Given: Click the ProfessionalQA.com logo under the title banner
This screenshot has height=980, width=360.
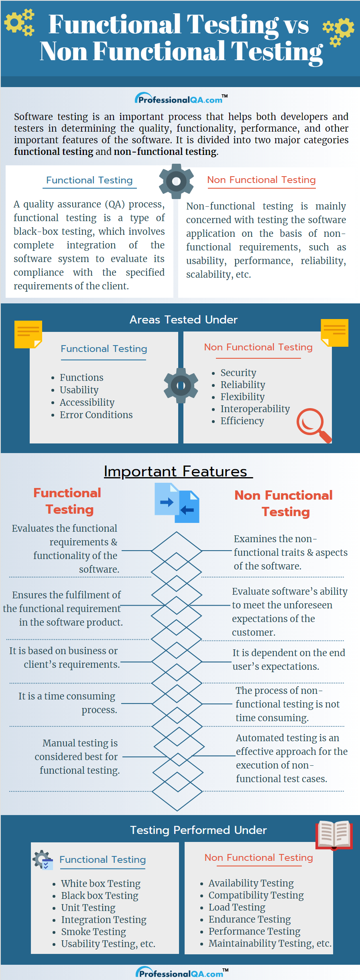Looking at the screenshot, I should (181, 99).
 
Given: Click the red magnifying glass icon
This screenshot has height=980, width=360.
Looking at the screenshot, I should (313, 425).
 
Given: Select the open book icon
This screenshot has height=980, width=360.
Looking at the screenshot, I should (334, 835).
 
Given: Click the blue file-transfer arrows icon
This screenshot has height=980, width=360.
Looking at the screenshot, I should (177, 502).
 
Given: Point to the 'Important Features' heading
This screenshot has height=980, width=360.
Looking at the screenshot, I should (176, 471).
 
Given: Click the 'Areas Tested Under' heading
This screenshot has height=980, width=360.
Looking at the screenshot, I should (183, 319).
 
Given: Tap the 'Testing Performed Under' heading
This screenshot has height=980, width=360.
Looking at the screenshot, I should (198, 830).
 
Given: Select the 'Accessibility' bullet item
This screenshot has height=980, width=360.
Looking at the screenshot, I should (87, 402).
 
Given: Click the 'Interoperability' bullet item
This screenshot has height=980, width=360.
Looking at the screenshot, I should (255, 409).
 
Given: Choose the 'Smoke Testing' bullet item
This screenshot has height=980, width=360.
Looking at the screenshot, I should (94, 931).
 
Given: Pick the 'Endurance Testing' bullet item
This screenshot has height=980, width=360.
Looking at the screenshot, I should (250, 919).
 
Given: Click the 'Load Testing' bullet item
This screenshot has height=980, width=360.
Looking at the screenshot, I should (237, 907).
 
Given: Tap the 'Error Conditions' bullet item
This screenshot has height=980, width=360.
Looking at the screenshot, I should (96, 415).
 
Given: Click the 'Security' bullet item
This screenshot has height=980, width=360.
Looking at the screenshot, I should (238, 372).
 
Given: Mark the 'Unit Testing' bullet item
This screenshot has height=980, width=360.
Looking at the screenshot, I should (88, 907).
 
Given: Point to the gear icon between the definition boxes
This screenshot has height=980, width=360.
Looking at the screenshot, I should (176, 181).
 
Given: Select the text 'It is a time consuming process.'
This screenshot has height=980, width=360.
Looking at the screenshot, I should (67, 703).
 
